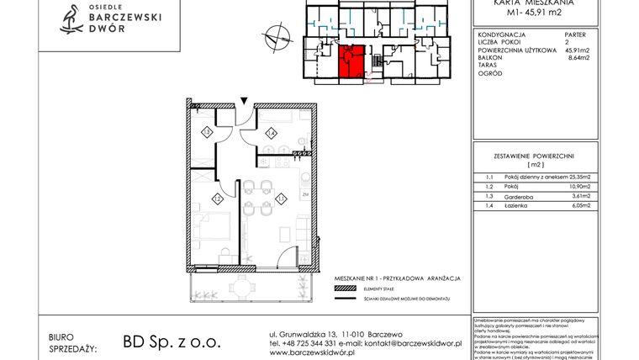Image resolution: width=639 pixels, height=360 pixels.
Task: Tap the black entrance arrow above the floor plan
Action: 244,101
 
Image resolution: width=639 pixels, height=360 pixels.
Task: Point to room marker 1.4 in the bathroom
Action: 271,132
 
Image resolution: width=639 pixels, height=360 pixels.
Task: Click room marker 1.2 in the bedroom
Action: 216,199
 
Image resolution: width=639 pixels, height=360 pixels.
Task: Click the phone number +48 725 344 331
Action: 309,343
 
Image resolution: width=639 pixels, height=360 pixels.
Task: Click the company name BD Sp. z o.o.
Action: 171,341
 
